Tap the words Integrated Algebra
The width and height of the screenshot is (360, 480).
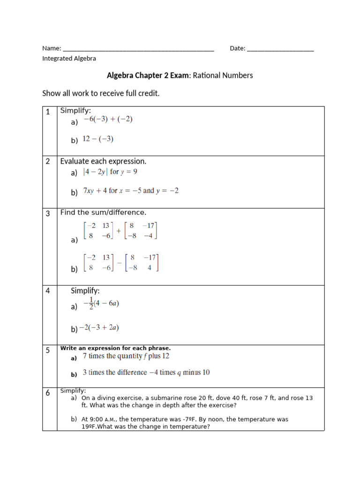pos(69,59)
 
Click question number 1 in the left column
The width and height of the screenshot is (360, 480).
pos(48,112)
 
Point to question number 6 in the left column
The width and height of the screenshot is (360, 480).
pos(48,393)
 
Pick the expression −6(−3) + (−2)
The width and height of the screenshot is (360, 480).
pos(108,120)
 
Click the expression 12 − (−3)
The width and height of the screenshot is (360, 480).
pos(98,139)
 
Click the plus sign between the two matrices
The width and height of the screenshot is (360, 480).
pos(119,231)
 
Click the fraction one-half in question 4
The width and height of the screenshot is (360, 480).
pos(91,303)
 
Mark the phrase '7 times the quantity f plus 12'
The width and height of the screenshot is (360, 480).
pos(126,356)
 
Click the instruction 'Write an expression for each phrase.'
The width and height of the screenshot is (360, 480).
pos(115,348)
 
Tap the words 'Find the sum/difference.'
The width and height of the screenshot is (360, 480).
pos(103,212)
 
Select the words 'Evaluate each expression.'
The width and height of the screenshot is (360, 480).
pos(103,161)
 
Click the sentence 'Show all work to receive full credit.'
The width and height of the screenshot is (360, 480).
pos(101,93)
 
